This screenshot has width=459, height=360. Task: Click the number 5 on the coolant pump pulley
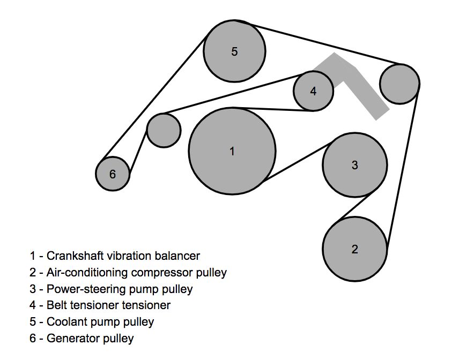point(234,51)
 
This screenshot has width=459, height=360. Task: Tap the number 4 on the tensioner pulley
point(313,91)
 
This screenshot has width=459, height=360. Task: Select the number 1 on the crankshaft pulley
point(232,152)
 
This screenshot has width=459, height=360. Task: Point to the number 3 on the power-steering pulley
point(354,165)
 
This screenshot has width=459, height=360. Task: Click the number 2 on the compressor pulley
point(354,249)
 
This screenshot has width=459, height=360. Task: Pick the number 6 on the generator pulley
point(112,174)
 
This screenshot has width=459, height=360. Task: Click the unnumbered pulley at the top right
point(399,84)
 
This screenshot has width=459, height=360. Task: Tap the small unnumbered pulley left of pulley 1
point(164,130)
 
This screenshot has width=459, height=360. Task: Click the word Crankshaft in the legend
point(73,256)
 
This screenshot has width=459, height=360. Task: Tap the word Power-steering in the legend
point(80,289)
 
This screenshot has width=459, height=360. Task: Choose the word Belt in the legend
point(56,305)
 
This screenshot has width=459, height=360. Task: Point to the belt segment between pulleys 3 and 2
point(351,209)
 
